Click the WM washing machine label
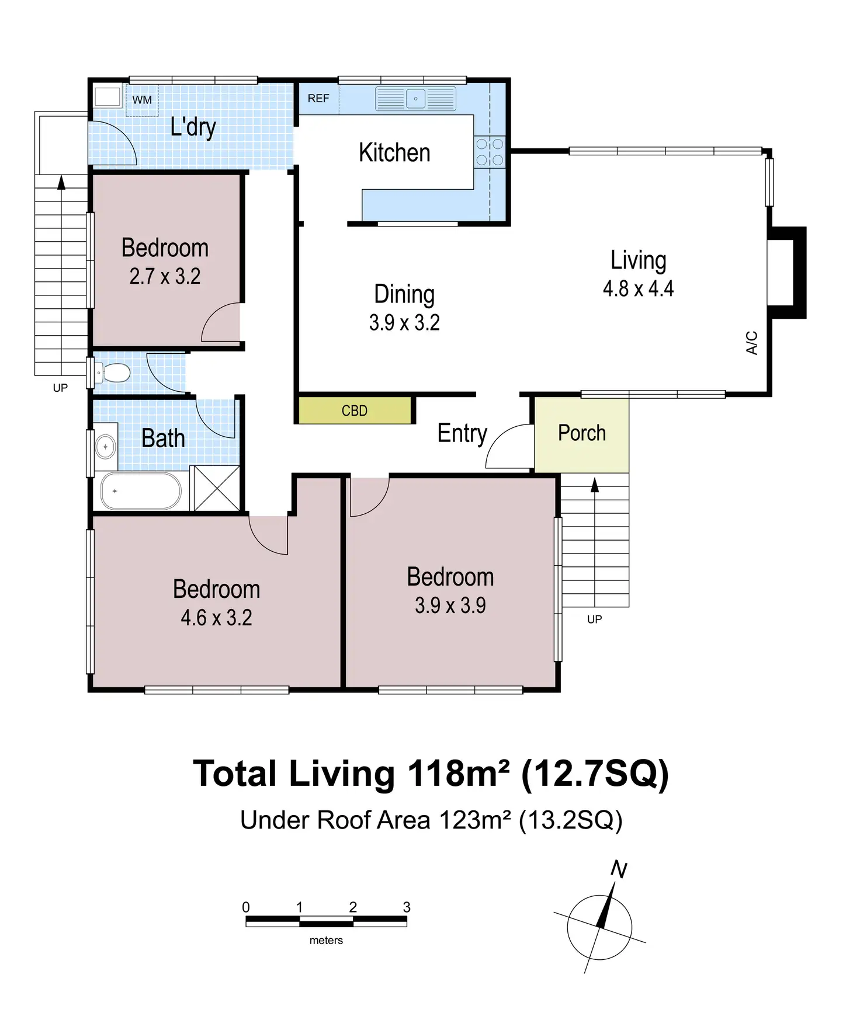(142, 100)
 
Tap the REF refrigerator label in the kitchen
(318, 98)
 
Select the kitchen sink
(415, 99)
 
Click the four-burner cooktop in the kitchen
(490, 152)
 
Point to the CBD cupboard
(355, 410)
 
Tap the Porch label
(582, 433)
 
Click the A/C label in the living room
(752, 343)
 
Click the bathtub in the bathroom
(141, 491)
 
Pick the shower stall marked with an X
(216, 488)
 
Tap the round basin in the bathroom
(106, 447)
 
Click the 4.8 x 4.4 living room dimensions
(639, 288)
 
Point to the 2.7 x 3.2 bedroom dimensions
(165, 276)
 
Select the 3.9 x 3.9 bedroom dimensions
(450, 605)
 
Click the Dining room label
(404, 295)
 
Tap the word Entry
(462, 434)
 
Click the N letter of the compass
(619, 870)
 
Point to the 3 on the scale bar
(407, 907)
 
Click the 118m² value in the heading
(458, 774)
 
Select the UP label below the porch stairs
(594, 619)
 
